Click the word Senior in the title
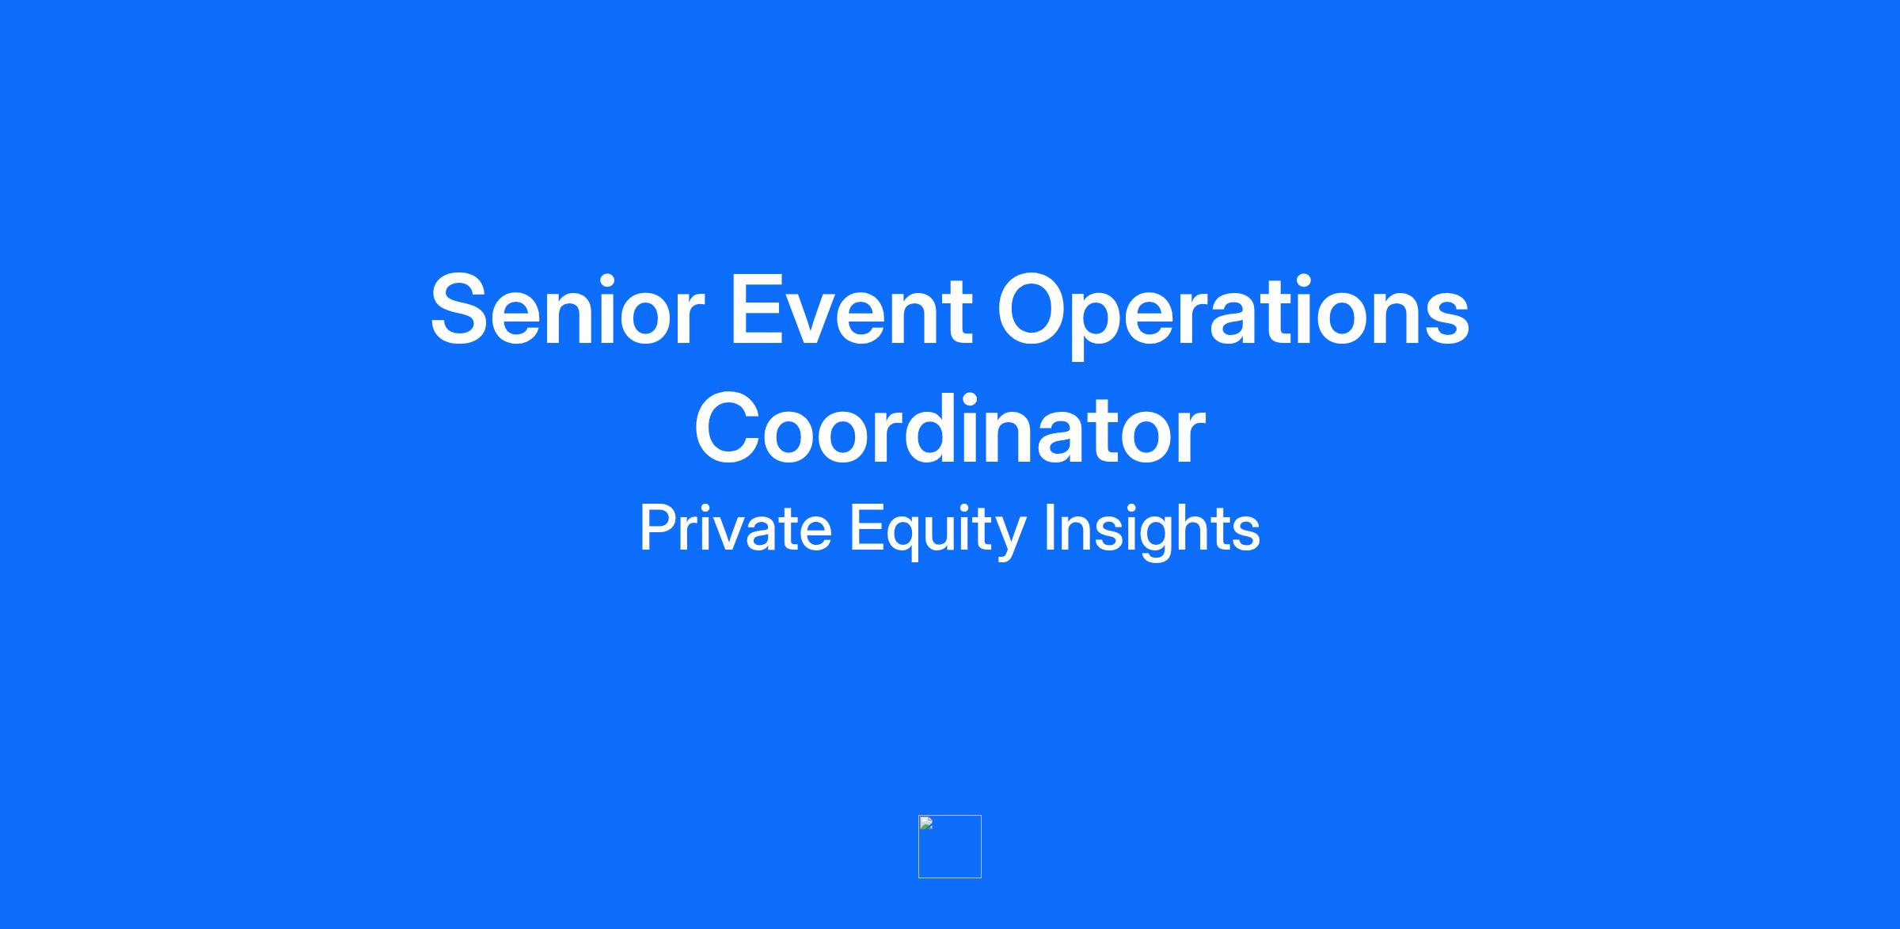coord(567,310)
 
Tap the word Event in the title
coord(850,310)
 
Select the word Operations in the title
coord(1233,315)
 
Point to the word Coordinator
coord(950,428)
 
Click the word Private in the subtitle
coord(735,527)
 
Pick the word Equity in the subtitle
coord(937,531)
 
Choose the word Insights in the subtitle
coord(1152,531)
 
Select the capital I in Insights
coord(1050,527)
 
